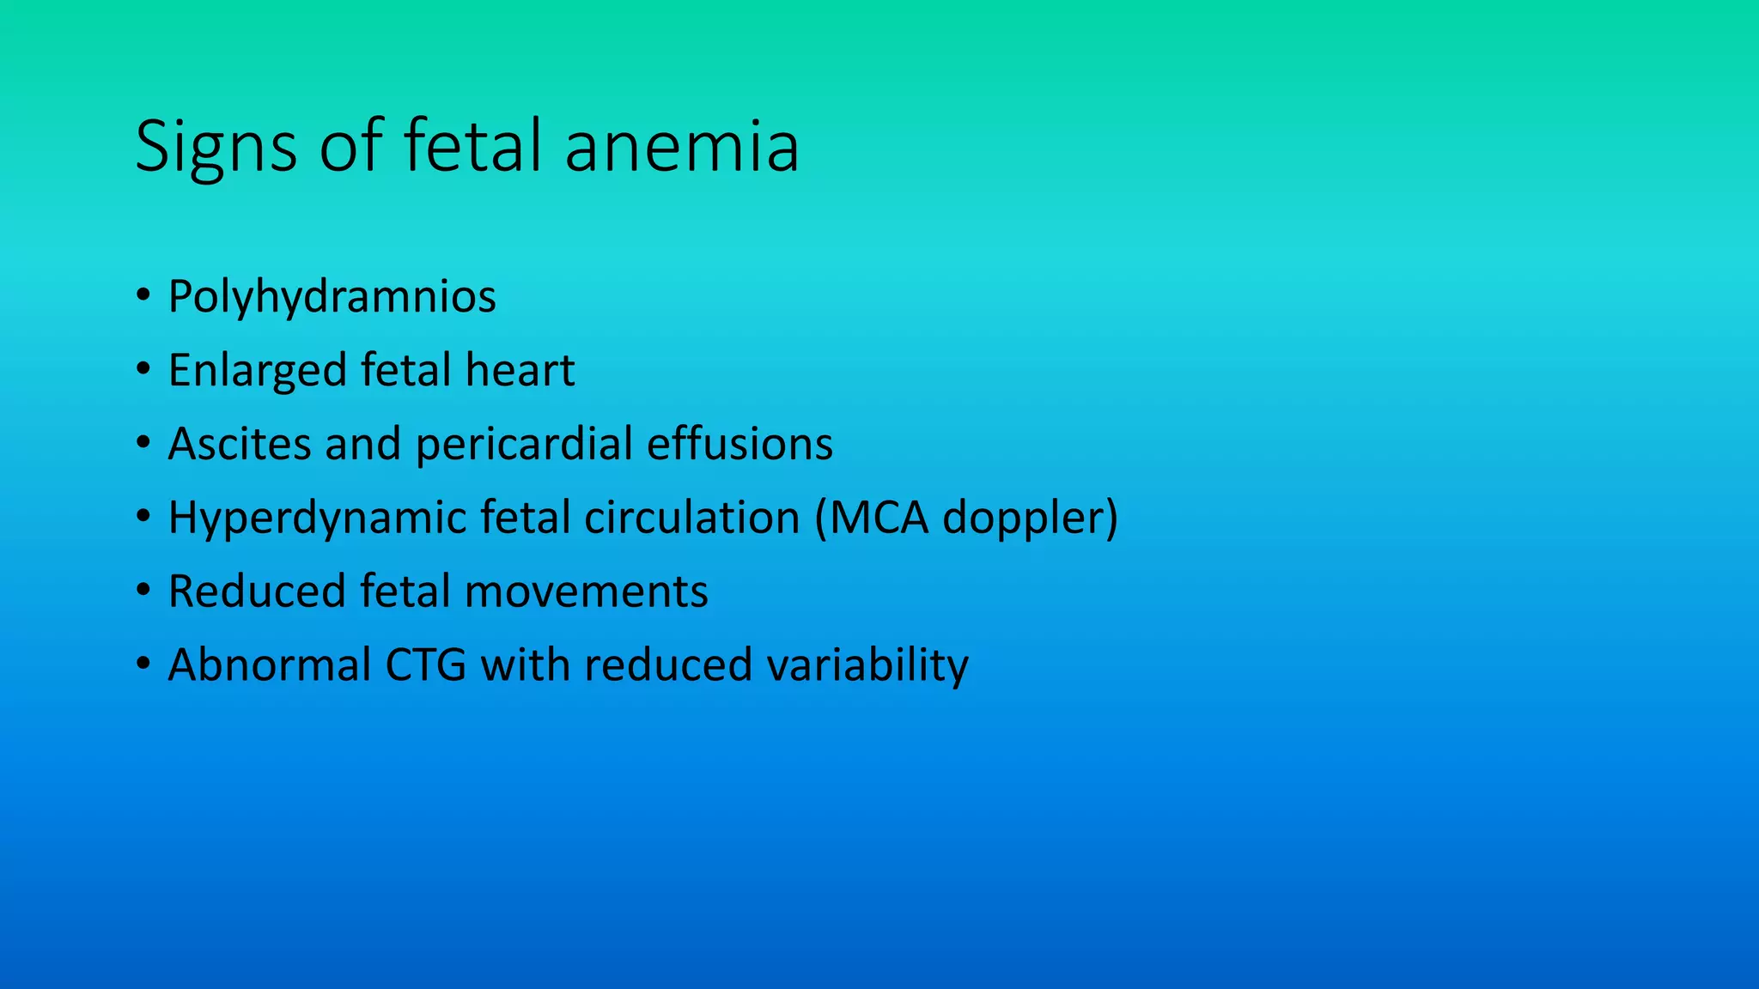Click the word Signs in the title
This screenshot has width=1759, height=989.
(216, 148)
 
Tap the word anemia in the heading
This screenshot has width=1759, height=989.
(682, 148)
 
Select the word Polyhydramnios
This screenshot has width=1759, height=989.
(332, 297)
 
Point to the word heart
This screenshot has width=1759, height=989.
(520, 371)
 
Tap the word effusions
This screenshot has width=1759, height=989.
(740, 445)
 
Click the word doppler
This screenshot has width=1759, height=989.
(1022, 519)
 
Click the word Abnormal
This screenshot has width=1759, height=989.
(270, 666)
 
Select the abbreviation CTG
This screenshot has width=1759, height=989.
(426, 666)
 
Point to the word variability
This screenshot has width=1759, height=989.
(867, 666)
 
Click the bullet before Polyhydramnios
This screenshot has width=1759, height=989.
(143, 296)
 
